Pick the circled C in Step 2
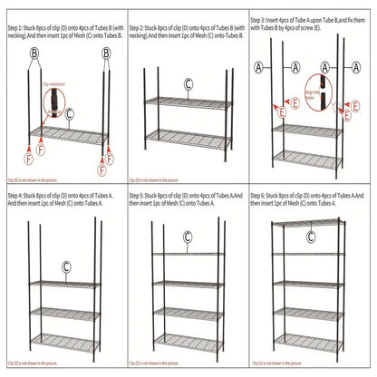pyautogui.click(x=188, y=84)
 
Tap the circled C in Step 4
pyautogui.click(x=65, y=267)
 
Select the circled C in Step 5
pyautogui.click(x=187, y=237)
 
